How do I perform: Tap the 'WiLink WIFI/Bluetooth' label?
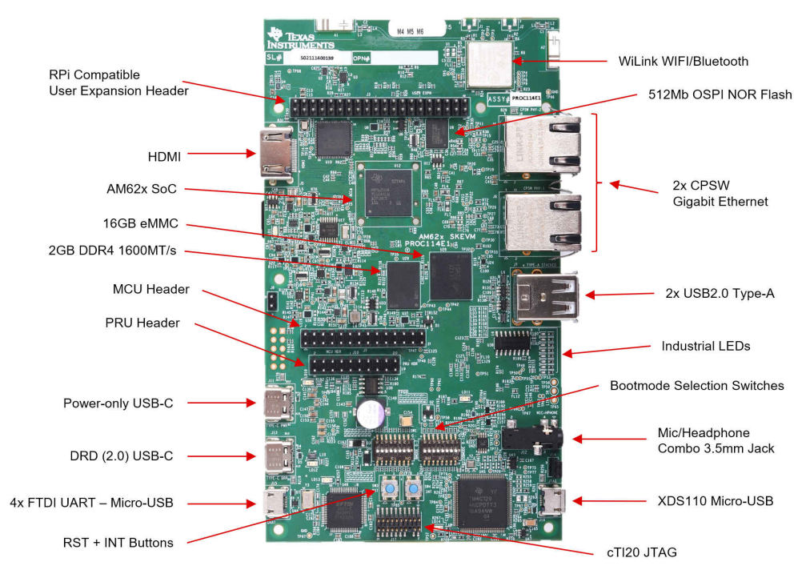tap(684, 61)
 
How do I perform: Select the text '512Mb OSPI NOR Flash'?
tap(720, 94)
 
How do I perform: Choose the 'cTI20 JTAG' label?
tap(642, 552)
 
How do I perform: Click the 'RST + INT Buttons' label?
tap(118, 542)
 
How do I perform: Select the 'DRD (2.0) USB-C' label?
tap(121, 456)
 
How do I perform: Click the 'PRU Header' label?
tap(142, 323)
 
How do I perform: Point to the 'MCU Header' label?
tap(147, 289)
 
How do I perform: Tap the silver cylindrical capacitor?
tap(371, 413)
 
